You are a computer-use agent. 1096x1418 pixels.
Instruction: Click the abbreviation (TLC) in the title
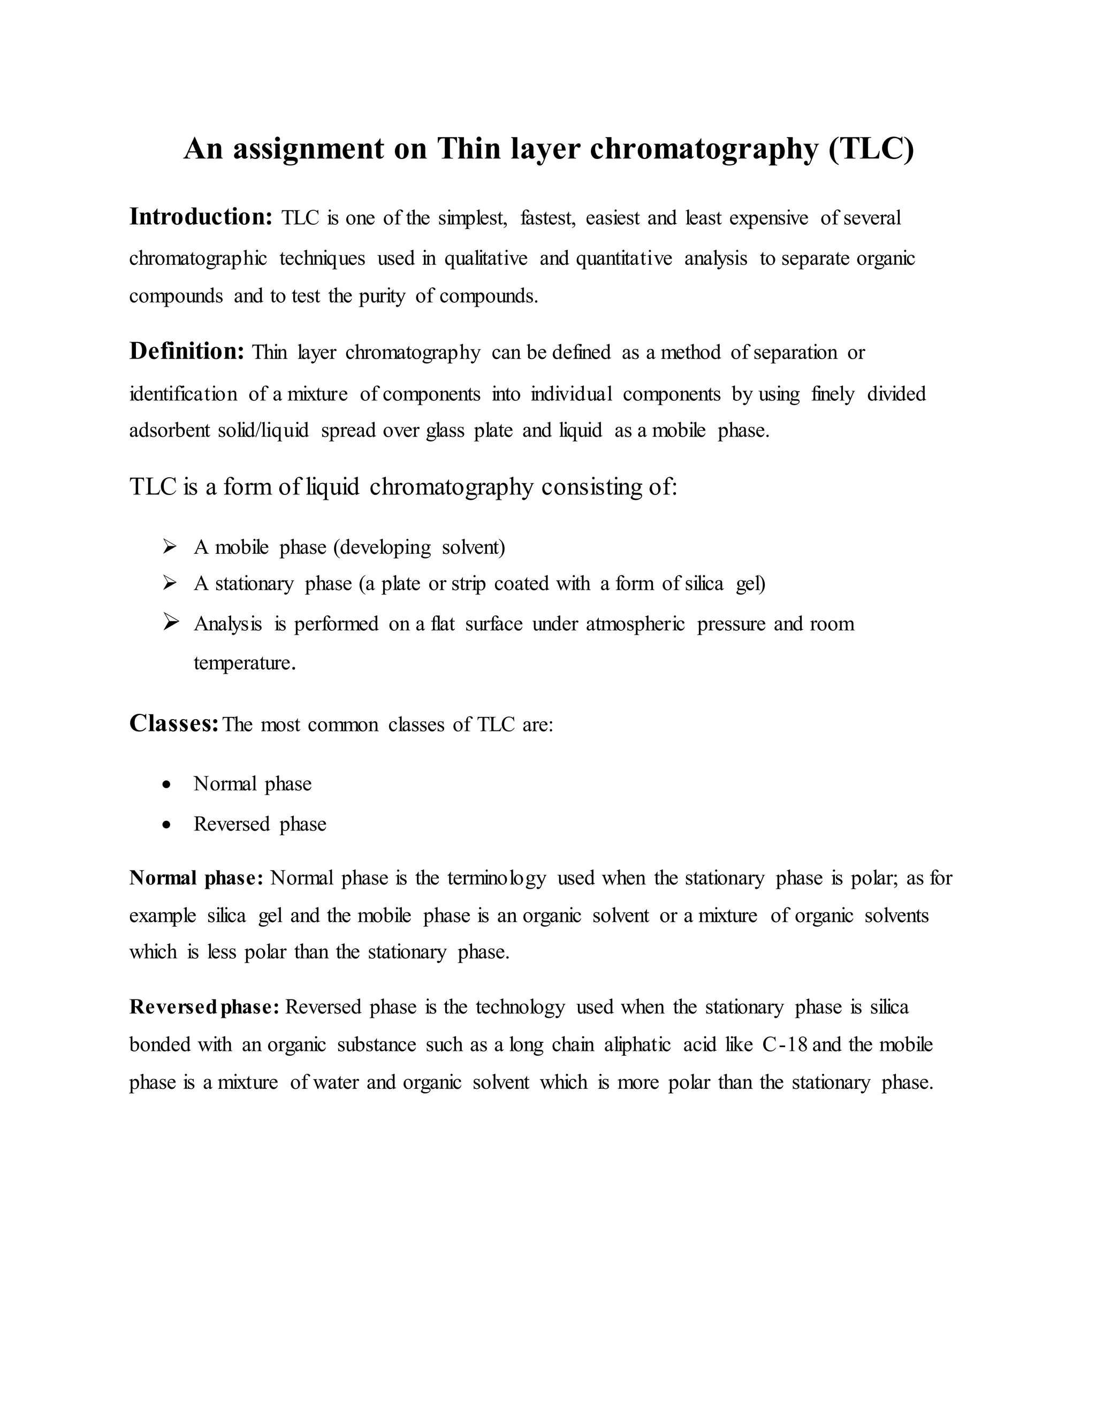point(871,149)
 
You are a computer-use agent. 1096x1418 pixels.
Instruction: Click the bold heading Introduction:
point(201,217)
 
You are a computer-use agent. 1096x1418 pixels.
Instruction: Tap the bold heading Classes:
point(173,723)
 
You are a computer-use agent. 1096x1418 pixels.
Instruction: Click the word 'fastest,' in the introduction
point(548,218)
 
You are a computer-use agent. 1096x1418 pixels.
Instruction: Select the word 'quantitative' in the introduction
point(624,258)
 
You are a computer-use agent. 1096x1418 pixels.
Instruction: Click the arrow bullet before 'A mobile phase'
point(170,547)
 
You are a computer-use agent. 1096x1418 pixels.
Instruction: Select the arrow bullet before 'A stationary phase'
point(170,583)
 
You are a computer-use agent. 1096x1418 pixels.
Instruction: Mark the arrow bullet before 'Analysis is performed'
point(171,623)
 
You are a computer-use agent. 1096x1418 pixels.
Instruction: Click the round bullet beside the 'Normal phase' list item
point(168,785)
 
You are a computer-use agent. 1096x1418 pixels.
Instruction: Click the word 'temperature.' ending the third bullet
point(244,664)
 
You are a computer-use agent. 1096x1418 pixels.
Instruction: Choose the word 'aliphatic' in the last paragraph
point(637,1045)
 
